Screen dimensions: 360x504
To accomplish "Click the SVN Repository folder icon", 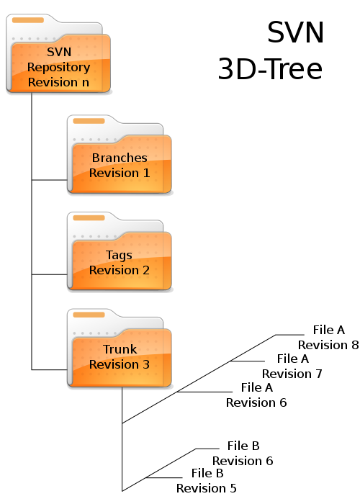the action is click(x=58, y=53).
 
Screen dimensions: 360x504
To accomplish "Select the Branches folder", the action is click(x=120, y=154).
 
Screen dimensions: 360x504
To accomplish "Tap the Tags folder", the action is click(x=120, y=251).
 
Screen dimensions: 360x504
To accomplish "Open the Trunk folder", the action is click(x=120, y=348).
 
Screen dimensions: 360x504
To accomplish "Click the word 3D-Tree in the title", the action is click(x=270, y=69).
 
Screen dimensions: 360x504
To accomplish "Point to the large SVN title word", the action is click(x=295, y=32).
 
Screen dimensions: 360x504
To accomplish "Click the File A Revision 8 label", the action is click(x=328, y=337).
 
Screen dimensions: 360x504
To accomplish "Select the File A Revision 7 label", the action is click(x=292, y=366).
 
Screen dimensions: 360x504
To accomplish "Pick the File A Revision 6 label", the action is click(x=256, y=395).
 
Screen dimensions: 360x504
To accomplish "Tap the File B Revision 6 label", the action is click(x=243, y=453).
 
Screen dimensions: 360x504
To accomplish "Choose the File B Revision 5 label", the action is click(x=207, y=480).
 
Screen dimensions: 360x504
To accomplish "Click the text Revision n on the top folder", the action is click(x=58, y=82).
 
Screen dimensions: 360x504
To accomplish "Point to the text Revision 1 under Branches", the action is click(x=120, y=173).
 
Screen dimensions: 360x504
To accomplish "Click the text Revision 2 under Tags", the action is click(x=120, y=270).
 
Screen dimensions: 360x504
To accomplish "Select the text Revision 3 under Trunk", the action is click(x=120, y=364).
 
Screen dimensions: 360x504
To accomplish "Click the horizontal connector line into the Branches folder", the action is click(x=49, y=180).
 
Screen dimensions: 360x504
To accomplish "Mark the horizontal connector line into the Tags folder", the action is click(x=49, y=274).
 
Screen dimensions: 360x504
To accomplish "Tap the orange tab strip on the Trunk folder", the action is click(x=89, y=315).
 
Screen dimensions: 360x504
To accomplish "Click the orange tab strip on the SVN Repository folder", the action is click(x=28, y=20).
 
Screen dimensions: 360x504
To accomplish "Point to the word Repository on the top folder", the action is click(x=58, y=68).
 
